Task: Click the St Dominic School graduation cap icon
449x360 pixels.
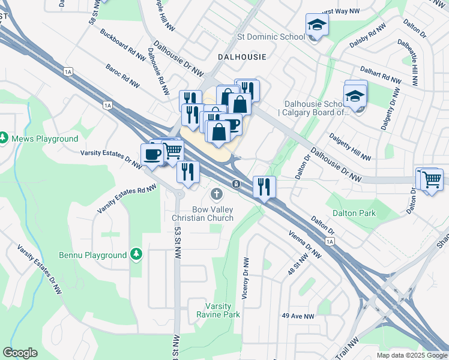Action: pos(315,25)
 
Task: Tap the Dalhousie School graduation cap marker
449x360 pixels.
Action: pos(355,96)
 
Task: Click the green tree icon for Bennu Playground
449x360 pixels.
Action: pos(137,254)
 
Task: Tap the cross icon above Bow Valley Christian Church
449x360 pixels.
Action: pos(216,194)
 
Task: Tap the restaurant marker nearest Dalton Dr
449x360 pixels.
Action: pos(264,186)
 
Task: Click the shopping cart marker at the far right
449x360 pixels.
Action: pos(432,179)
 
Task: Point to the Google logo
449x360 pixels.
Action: pos(20,352)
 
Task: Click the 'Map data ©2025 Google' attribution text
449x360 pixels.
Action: pos(411,355)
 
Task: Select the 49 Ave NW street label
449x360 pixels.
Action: pos(298,316)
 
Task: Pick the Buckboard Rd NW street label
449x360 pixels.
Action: pos(123,44)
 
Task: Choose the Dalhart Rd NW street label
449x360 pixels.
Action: pos(380,75)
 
